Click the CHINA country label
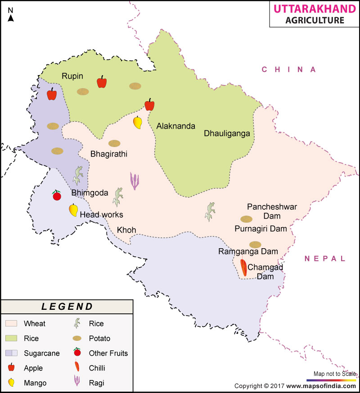tap(290, 69)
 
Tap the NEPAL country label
tap(325, 259)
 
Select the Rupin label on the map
tap(72, 76)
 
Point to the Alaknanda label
tap(176, 126)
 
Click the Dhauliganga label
tap(226, 133)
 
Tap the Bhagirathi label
tap(109, 154)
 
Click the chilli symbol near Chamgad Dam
tap(243, 268)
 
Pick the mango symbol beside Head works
tap(73, 210)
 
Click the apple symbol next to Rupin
tap(102, 82)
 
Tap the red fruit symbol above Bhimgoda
tap(57, 195)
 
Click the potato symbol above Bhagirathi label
tap(114, 143)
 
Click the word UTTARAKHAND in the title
tap(310, 9)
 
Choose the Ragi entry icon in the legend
tap(77, 382)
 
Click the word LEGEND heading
tap(67, 307)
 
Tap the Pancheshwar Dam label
tap(272, 211)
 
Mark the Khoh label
tap(126, 230)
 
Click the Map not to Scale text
tap(334, 374)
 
